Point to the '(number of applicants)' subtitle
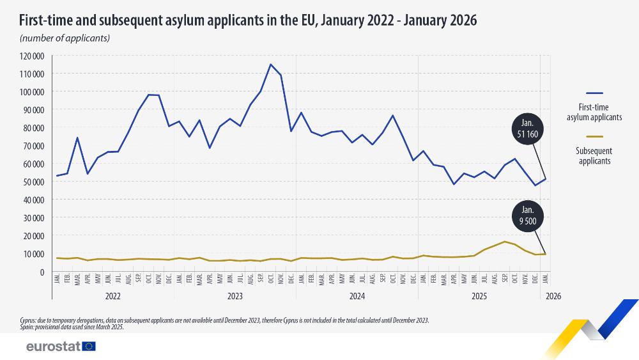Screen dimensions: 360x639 (x=65, y=38)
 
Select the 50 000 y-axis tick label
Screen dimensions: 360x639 (x=31, y=182)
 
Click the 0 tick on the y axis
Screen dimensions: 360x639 (x=41, y=272)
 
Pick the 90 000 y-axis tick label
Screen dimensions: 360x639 (x=31, y=110)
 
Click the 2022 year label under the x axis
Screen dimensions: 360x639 (x=112, y=297)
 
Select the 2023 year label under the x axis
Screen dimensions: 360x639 (x=235, y=297)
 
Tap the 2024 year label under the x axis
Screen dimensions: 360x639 (x=357, y=297)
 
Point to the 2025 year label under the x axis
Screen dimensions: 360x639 (x=479, y=297)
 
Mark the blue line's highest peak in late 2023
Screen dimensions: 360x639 (x=271, y=64)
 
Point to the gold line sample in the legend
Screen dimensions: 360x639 (x=594, y=136)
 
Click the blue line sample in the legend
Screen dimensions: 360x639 (x=594, y=93)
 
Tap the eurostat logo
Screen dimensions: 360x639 (x=61, y=346)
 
